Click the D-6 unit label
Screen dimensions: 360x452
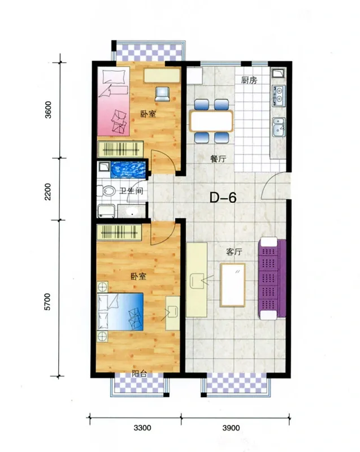point(223,198)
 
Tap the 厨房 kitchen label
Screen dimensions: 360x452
point(249,80)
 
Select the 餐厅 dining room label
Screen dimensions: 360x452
point(218,159)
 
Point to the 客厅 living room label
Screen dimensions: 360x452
point(234,251)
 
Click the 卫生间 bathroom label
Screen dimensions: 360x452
point(132,191)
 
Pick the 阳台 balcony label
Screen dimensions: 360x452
point(139,374)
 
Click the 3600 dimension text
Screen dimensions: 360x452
point(48,110)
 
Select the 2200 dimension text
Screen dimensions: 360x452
point(47,192)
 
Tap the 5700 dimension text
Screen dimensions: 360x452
point(47,302)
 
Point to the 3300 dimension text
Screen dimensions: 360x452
point(142,428)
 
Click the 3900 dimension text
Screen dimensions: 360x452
point(231,428)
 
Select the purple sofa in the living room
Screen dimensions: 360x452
point(272,279)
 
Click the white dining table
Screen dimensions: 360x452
point(211,121)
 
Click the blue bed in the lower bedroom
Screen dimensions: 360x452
point(120,312)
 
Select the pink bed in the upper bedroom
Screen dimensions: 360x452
point(113,101)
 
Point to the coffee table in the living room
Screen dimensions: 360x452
point(233,285)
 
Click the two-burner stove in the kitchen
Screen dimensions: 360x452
point(279,95)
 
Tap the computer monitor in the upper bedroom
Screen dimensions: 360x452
point(162,94)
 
